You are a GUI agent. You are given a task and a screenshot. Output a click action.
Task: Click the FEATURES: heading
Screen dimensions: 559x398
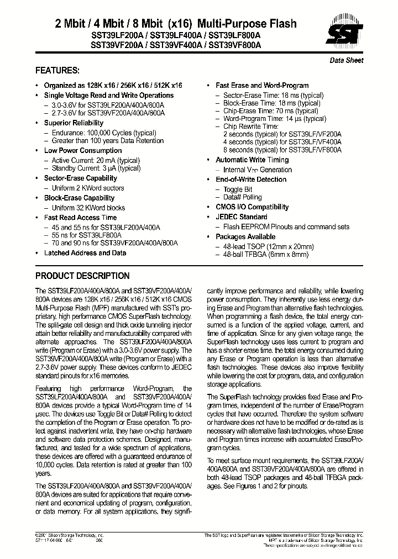57,71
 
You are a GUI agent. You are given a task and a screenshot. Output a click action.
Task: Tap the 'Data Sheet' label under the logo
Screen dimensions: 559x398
347,60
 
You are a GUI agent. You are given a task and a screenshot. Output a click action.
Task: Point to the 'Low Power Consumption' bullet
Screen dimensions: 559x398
83,150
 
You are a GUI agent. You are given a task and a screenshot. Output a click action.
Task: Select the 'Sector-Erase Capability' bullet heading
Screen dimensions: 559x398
81,178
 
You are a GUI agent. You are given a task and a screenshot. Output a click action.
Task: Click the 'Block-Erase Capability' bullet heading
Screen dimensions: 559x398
80,198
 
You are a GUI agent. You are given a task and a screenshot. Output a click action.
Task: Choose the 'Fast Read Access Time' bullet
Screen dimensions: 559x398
81,218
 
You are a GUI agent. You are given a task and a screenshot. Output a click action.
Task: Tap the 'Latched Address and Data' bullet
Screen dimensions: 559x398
85,253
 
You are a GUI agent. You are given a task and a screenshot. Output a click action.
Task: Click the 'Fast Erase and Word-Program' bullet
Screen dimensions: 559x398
262,86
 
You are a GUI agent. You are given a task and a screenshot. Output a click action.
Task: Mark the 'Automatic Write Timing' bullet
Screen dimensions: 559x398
252,160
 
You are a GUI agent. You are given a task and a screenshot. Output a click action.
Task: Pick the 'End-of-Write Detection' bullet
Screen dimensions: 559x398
251,180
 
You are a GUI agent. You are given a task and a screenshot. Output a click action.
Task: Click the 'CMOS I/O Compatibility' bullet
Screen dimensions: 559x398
252,207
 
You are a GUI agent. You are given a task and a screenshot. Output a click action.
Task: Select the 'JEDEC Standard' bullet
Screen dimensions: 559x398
241,217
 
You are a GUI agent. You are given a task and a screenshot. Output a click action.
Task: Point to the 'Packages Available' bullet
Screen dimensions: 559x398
245,237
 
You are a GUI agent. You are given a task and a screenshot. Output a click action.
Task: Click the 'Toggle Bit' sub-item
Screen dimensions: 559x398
238,189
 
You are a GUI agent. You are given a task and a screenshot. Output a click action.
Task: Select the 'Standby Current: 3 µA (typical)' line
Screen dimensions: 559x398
96,168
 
